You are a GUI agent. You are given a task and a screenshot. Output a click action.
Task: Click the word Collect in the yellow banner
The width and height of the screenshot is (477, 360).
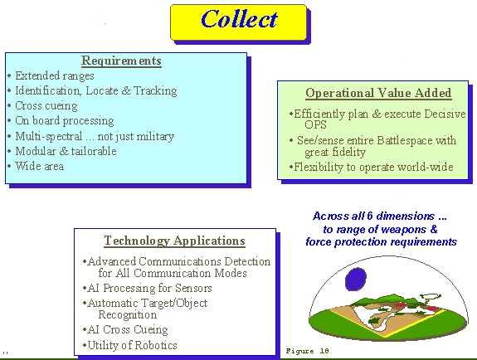239,19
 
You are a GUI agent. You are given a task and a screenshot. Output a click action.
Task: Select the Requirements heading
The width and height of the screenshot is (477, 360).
121,61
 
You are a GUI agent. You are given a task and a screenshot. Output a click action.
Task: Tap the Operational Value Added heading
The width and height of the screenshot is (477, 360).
378,93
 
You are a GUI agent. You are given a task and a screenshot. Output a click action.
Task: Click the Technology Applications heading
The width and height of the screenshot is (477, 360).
174,241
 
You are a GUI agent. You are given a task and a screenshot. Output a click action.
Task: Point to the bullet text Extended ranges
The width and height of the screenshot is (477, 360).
55,75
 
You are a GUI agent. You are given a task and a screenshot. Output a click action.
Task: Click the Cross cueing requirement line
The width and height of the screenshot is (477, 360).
46,105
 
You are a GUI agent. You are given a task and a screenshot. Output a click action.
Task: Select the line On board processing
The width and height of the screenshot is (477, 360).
65,121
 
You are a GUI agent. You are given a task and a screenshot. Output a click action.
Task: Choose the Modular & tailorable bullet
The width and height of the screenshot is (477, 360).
66,151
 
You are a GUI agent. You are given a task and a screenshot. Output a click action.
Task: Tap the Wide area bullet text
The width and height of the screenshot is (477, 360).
40,166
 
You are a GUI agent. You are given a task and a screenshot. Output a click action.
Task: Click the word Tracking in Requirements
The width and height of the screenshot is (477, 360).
155,90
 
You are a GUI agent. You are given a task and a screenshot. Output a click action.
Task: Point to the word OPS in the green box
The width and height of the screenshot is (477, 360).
315,124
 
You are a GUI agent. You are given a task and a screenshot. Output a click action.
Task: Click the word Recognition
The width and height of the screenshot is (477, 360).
128,314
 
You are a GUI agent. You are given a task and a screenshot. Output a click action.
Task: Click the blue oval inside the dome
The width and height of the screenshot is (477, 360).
356,279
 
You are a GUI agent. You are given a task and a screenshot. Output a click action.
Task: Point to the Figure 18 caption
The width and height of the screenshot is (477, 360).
307,351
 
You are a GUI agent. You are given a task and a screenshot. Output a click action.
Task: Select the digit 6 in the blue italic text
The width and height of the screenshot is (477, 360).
370,216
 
